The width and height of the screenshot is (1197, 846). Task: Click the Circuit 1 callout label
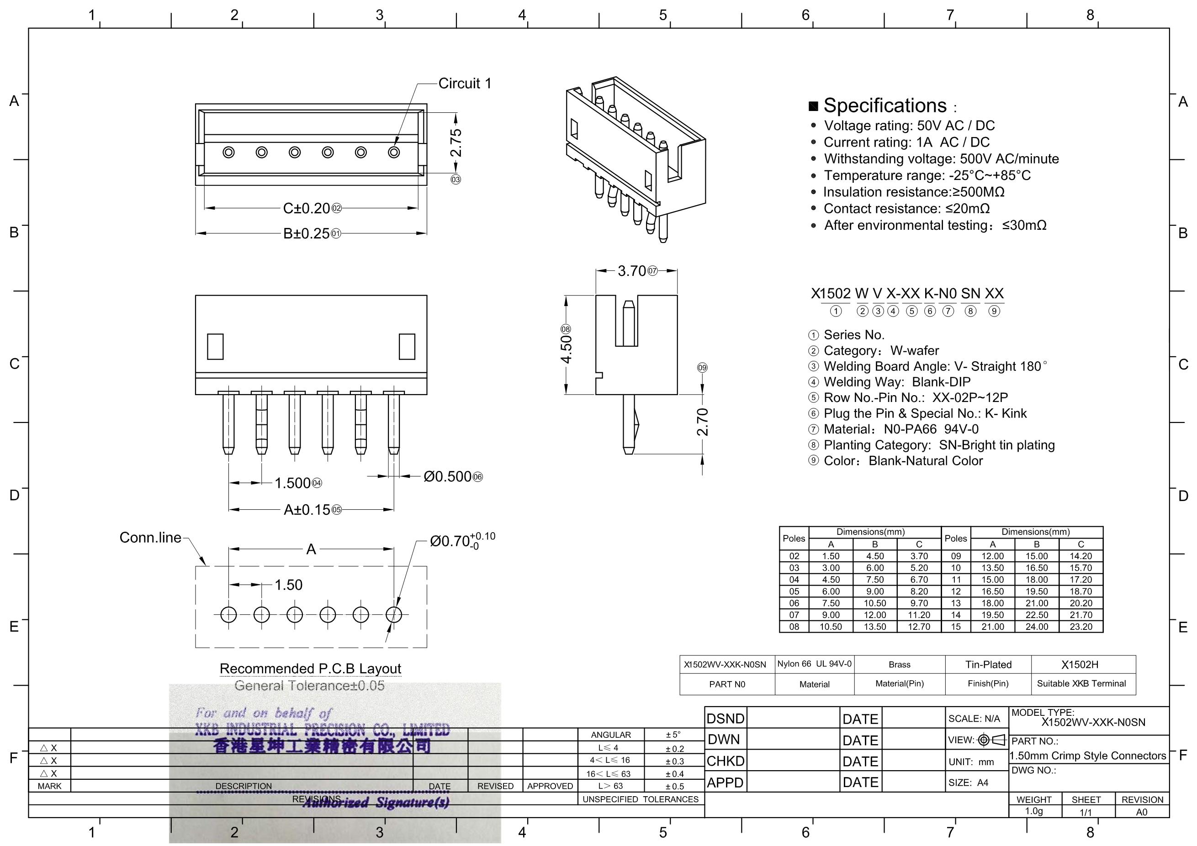pos(465,84)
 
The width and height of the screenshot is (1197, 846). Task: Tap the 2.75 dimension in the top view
pos(455,143)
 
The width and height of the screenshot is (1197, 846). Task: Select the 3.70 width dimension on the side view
pos(632,271)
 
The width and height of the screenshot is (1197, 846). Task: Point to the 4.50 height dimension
pos(566,349)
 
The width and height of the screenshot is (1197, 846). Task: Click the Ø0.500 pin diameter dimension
pos(447,476)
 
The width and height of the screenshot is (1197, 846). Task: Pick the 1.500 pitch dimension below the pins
pos(292,483)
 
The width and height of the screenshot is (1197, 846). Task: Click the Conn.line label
pos(150,537)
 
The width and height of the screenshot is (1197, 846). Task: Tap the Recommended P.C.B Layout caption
pos(310,669)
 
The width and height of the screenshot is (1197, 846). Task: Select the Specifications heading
pos(885,106)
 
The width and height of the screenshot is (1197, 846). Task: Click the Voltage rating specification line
pos(909,126)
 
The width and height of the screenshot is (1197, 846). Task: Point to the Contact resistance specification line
pos(906,208)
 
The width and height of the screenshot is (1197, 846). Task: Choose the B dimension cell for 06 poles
pos(875,603)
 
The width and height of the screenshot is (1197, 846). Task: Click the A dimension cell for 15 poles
pos(993,627)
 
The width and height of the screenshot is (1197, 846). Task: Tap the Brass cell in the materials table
pos(899,665)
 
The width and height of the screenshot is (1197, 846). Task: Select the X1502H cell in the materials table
pos(1080,665)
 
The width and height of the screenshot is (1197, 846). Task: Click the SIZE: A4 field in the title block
pos(968,783)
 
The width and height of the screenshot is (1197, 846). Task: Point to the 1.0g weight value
pos(1034,811)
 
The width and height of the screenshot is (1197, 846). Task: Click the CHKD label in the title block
pos(725,761)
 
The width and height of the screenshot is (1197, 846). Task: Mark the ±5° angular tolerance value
pos(673,735)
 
